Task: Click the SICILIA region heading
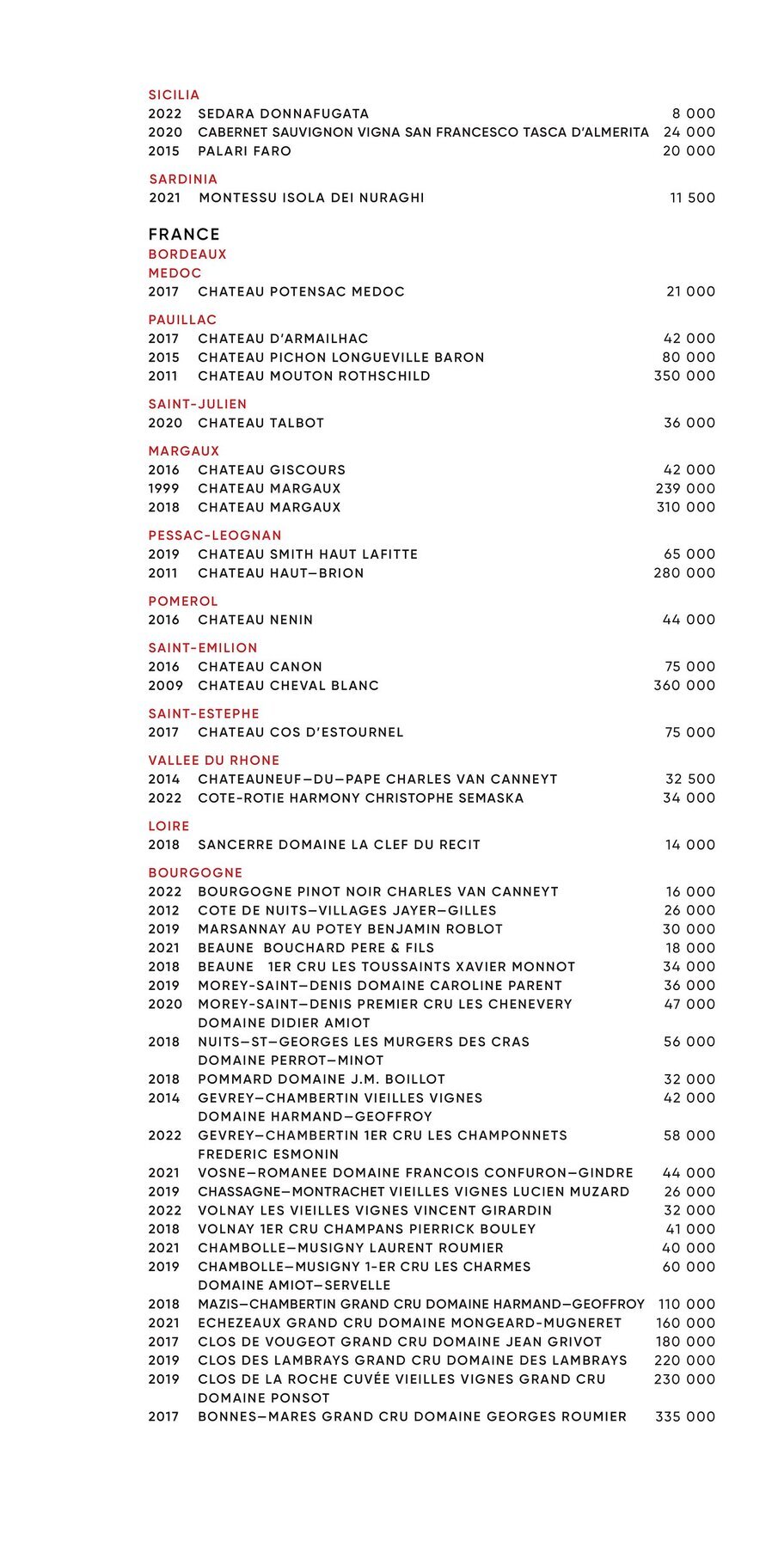pyautogui.click(x=174, y=95)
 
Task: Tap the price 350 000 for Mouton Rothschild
pyautogui.click(x=684, y=376)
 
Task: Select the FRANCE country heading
pyautogui.click(x=184, y=234)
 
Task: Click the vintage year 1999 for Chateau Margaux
pyautogui.click(x=163, y=488)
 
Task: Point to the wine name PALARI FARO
pyautogui.click(x=244, y=150)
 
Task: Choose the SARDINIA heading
pyautogui.click(x=183, y=179)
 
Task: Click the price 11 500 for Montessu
pyautogui.click(x=692, y=198)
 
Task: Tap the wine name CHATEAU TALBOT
pyautogui.click(x=260, y=423)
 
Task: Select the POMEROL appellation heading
pyautogui.click(x=183, y=601)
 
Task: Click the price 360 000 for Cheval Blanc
pyautogui.click(x=684, y=685)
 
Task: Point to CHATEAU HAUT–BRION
pyautogui.click(x=280, y=572)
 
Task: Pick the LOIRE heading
pyautogui.click(x=169, y=826)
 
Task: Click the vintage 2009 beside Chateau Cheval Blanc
pyautogui.click(x=165, y=685)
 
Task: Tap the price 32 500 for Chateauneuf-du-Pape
pyautogui.click(x=690, y=779)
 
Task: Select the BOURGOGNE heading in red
pyautogui.click(x=195, y=872)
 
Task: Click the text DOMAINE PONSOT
pyautogui.click(x=263, y=1397)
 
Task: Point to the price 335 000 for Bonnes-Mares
pyautogui.click(x=685, y=1416)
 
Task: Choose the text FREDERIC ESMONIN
pyautogui.click(x=268, y=1154)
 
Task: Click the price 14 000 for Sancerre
pyautogui.click(x=690, y=845)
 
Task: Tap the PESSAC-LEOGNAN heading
pyautogui.click(x=215, y=535)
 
